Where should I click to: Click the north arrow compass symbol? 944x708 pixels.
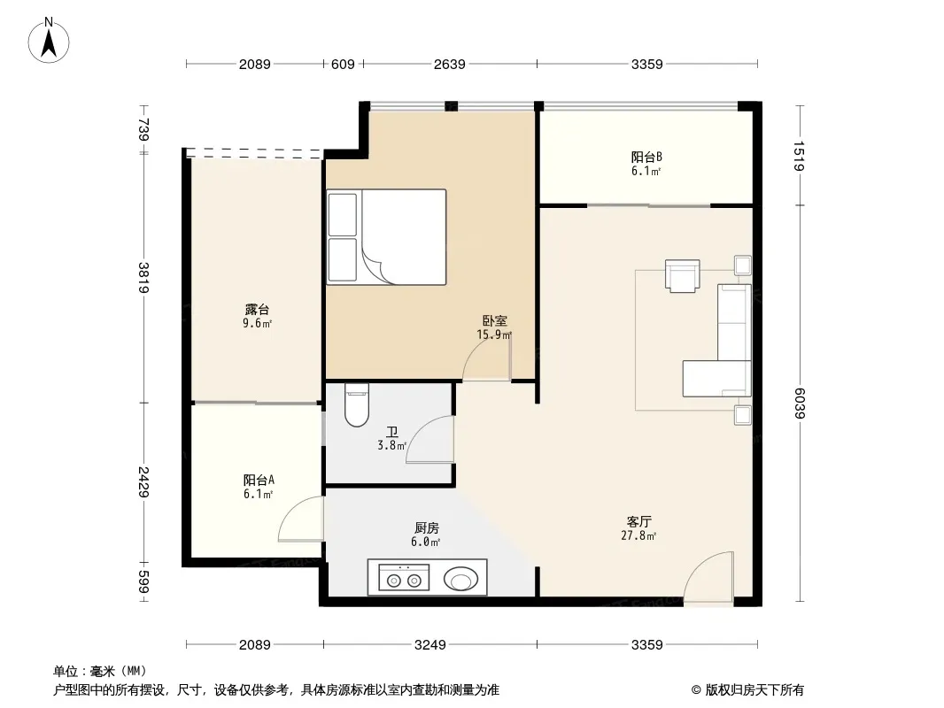pos(49,41)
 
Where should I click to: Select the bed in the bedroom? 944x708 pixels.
pos(386,237)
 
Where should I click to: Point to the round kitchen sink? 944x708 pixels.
pos(461,579)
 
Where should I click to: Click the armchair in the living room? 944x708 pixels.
pos(682,276)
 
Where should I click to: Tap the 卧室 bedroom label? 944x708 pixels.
pos(495,321)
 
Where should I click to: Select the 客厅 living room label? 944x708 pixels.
pos(638,521)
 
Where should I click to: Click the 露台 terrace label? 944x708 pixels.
pos(257,309)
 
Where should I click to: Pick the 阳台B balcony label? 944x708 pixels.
pos(646,157)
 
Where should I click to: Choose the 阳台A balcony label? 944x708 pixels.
pos(259,480)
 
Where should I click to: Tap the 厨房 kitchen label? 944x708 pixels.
pos(427,528)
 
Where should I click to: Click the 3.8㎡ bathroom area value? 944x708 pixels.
pos(392,446)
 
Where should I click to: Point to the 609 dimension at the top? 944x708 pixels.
pos(344,65)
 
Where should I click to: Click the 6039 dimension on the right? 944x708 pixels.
pos(799,403)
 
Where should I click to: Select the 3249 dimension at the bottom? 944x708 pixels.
pos(429,645)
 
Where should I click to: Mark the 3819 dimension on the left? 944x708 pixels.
pos(143,277)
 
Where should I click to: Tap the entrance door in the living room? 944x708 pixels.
pos(708,575)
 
